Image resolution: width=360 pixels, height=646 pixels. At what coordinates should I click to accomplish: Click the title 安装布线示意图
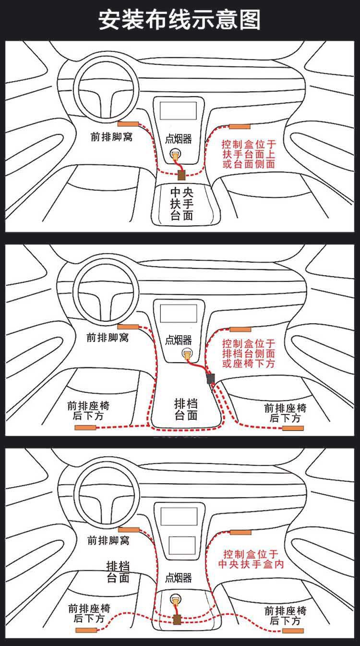(179, 20)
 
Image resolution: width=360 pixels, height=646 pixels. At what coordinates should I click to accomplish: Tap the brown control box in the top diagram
(181, 175)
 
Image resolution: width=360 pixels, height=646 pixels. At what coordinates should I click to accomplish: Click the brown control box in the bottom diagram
(177, 620)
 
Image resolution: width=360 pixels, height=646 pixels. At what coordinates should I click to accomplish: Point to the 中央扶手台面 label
(181, 204)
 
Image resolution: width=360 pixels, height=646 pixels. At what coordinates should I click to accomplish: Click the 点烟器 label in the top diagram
(179, 139)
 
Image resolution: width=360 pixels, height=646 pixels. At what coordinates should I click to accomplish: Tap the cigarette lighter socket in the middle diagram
(187, 353)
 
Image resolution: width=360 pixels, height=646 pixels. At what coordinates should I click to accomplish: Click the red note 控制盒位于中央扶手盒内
(251, 559)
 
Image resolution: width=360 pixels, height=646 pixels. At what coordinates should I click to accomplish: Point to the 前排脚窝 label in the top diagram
(111, 137)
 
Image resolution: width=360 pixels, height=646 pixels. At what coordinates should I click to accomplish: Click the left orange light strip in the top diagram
(128, 124)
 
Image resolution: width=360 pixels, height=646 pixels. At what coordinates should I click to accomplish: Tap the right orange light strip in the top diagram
(240, 126)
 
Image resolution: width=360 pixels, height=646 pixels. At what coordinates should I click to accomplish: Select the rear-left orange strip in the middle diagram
(85, 427)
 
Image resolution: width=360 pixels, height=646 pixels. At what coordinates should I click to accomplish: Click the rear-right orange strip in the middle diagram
(293, 428)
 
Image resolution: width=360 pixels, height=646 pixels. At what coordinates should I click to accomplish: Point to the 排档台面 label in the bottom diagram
(118, 572)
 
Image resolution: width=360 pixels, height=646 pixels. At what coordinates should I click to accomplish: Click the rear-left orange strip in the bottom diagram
(86, 630)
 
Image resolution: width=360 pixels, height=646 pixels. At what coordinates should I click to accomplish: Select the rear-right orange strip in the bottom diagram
(293, 631)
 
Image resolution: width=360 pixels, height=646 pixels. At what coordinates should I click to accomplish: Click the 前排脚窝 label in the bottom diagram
(108, 540)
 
